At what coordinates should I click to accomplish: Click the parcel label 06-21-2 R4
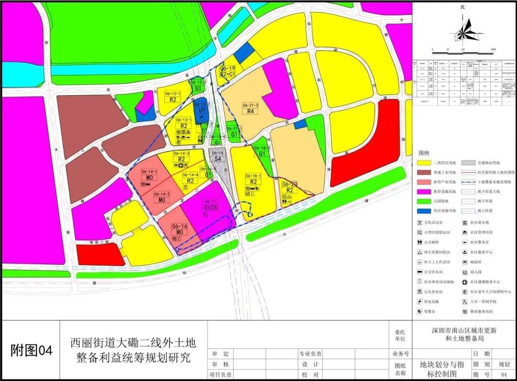(250, 108)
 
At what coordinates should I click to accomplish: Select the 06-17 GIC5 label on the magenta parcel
(210, 204)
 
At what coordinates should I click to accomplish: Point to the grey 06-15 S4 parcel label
(218, 155)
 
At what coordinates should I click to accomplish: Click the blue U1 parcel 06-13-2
(202, 107)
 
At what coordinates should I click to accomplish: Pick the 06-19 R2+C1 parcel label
(228, 72)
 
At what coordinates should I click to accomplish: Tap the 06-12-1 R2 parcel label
(173, 96)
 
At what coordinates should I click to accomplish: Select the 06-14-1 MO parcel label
(149, 174)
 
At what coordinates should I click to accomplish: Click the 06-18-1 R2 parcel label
(253, 179)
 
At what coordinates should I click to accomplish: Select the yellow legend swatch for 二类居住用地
(424, 163)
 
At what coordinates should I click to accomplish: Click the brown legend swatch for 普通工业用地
(424, 172)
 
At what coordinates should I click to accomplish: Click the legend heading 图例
(424, 153)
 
